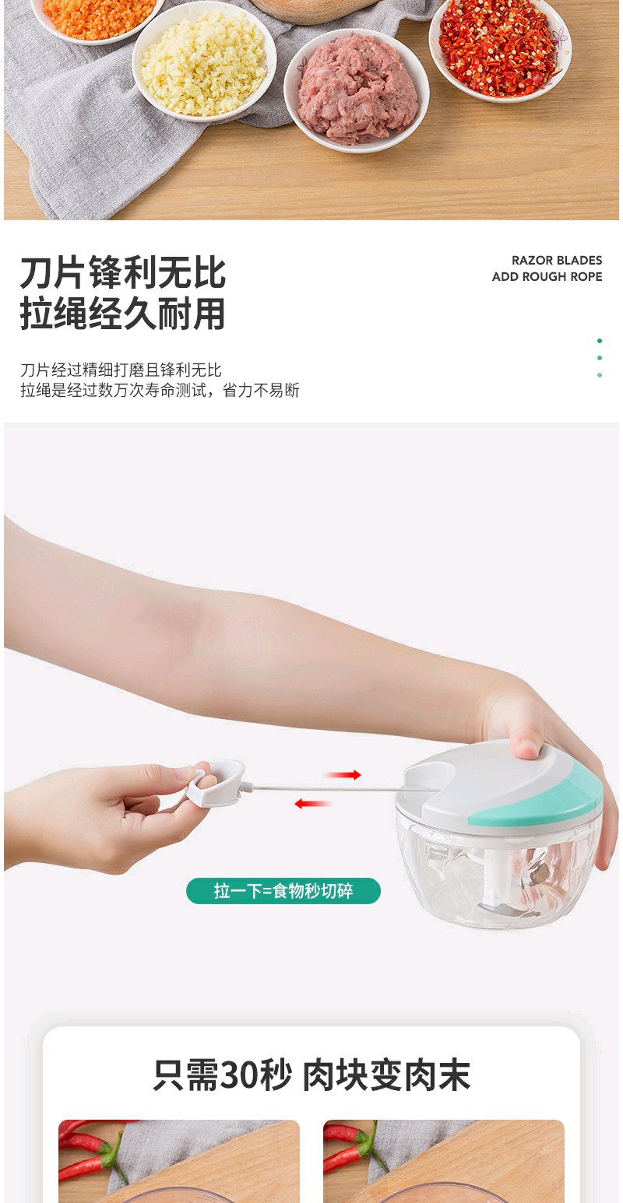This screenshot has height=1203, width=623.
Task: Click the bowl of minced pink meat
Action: (357, 89)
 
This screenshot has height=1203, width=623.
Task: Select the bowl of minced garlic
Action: (204, 65)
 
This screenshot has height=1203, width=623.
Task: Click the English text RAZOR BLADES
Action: (556, 261)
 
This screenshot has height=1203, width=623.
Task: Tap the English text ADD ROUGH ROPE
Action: (547, 276)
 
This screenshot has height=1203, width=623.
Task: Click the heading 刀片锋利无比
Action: (123, 273)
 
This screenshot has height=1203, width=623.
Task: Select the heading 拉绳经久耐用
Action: (123, 314)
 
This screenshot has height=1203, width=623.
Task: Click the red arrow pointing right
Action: (343, 774)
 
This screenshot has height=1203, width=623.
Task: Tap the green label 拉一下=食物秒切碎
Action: (283, 891)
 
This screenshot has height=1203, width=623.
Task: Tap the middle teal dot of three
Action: (600, 358)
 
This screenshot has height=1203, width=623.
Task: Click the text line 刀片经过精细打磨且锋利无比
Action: (121, 370)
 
